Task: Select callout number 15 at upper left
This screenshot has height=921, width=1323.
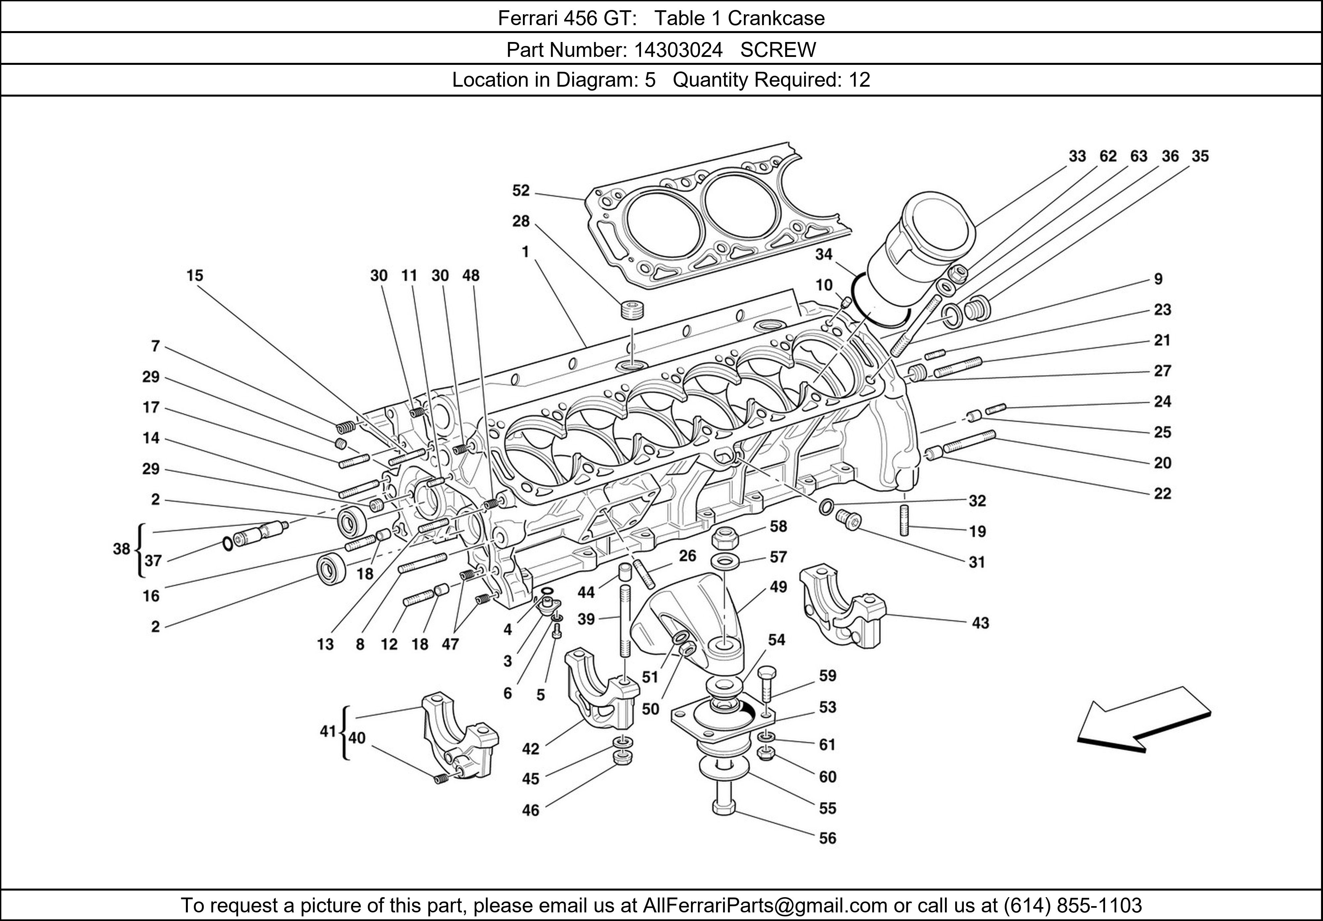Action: (x=195, y=276)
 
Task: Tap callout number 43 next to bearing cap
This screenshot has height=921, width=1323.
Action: (x=980, y=623)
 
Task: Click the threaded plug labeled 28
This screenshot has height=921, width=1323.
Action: (x=632, y=310)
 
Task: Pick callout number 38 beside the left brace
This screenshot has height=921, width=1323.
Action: (x=122, y=549)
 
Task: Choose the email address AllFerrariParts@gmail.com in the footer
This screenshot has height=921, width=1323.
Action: (x=765, y=905)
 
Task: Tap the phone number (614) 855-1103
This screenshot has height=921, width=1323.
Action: (x=1072, y=905)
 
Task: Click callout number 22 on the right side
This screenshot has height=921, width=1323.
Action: (x=1162, y=493)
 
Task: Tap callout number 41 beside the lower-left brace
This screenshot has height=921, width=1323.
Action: (x=327, y=731)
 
